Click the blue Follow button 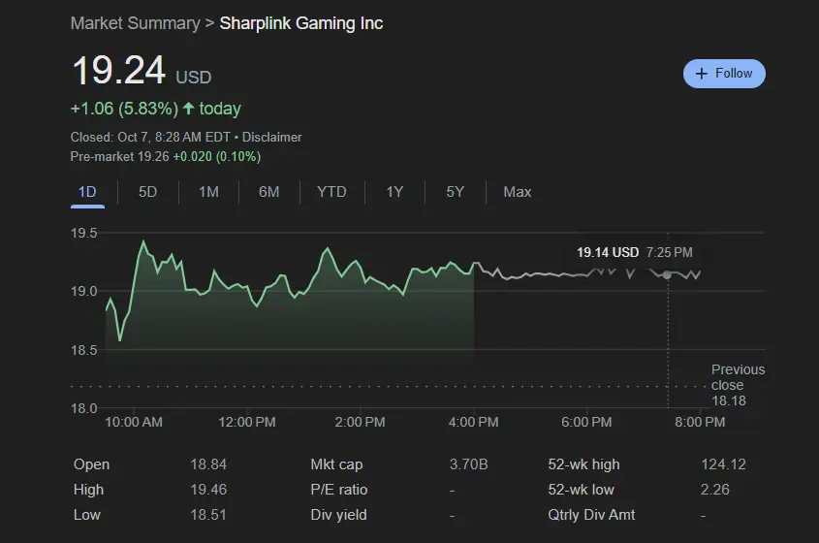pyautogui.click(x=724, y=74)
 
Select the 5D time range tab pyautogui.click(x=147, y=192)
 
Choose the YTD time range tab pyautogui.click(x=331, y=192)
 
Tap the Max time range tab pyautogui.click(x=518, y=192)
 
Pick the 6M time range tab pyautogui.click(x=268, y=192)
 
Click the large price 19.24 pyautogui.click(x=118, y=72)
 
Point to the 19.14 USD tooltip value pyautogui.click(x=608, y=253)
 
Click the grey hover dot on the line pyautogui.click(x=667, y=275)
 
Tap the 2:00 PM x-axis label pyautogui.click(x=362, y=423)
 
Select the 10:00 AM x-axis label pyautogui.click(x=134, y=423)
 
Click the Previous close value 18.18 pyautogui.click(x=729, y=400)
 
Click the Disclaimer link pyautogui.click(x=272, y=138)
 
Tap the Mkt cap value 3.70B pyautogui.click(x=469, y=465)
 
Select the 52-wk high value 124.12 pyautogui.click(x=723, y=465)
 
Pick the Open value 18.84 pyautogui.click(x=208, y=465)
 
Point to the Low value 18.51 pyautogui.click(x=208, y=515)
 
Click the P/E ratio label pyautogui.click(x=339, y=490)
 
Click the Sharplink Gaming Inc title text pyautogui.click(x=301, y=23)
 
